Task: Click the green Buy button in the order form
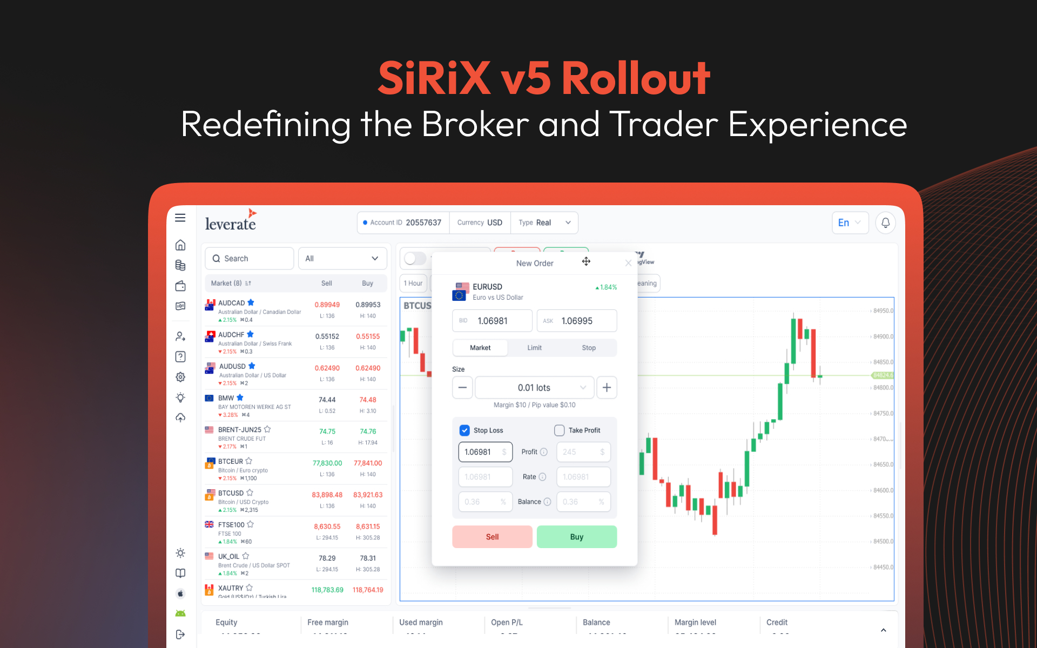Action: pos(576,537)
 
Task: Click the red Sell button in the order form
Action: pos(492,537)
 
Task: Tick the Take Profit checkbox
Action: pos(559,430)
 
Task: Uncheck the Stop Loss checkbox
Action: pos(464,430)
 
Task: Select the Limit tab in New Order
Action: pos(534,348)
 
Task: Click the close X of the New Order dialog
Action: pos(628,263)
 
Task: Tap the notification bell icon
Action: pos(885,222)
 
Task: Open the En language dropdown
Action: pos(850,222)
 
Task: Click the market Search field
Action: pos(250,259)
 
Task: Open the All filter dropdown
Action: pos(342,259)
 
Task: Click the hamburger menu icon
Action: pos(180,218)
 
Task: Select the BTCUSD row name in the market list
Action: pos(231,493)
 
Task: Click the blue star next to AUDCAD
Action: pos(251,302)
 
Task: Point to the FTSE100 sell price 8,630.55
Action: pos(327,526)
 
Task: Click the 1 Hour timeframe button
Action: pos(413,283)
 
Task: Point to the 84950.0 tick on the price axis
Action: pos(883,311)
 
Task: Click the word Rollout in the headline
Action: pos(636,79)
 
